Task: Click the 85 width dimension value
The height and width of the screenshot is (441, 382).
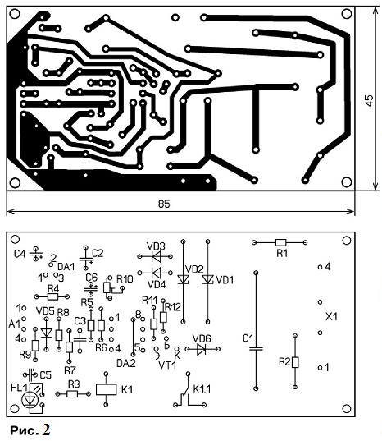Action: (x=164, y=204)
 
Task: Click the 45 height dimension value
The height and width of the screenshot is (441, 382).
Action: (x=369, y=100)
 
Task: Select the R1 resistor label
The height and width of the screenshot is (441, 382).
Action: (x=282, y=254)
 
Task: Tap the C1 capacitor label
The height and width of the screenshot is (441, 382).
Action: (x=248, y=338)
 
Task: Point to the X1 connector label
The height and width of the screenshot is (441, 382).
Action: (x=331, y=317)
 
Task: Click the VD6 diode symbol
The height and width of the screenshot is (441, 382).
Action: (x=202, y=349)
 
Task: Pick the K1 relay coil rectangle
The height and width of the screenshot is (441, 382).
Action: (x=106, y=389)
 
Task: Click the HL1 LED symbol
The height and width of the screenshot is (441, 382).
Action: (x=29, y=400)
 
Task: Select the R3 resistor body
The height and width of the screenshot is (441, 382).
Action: (x=72, y=394)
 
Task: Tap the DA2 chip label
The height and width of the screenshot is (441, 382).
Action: (x=126, y=363)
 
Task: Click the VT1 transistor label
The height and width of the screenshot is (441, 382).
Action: (x=167, y=365)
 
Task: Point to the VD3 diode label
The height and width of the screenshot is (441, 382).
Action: (x=156, y=246)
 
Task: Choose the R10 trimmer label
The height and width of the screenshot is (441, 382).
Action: (x=125, y=279)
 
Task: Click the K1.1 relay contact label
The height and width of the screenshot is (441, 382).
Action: (x=202, y=388)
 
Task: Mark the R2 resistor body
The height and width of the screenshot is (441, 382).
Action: (x=295, y=362)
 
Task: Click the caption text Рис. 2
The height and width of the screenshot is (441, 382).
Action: (x=30, y=430)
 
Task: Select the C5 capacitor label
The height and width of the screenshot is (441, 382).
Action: (x=45, y=375)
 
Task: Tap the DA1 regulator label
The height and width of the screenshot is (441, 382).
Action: (x=66, y=266)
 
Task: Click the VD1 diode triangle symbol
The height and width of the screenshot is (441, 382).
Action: (x=208, y=279)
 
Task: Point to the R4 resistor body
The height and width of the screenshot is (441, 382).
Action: (x=52, y=296)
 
